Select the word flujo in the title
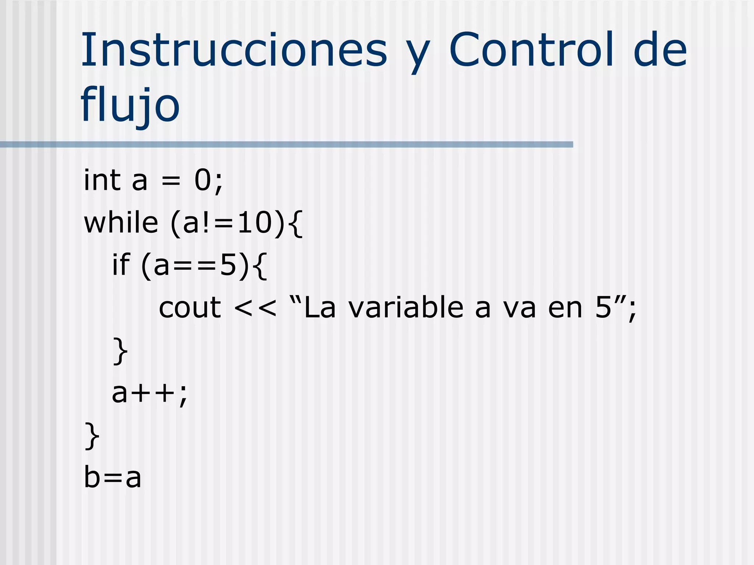tap(130, 106)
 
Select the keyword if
tap(121, 265)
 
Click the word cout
tap(190, 308)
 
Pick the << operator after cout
tap(255, 308)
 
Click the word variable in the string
tap(406, 308)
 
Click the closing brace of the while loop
tap(92, 436)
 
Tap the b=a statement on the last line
tap(113, 477)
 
